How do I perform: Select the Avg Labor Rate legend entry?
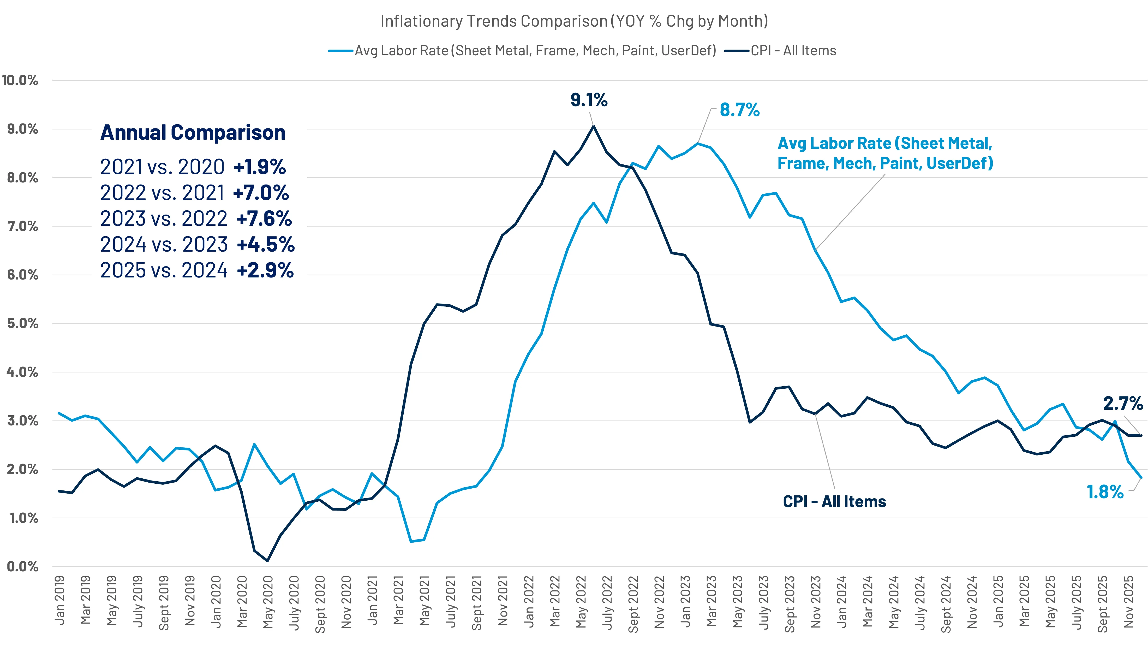pyautogui.click(x=535, y=51)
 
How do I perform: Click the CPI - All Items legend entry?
pyautogui.click(x=793, y=51)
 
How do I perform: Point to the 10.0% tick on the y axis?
pyautogui.click(x=20, y=81)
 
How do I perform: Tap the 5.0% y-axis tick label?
pyautogui.click(x=22, y=324)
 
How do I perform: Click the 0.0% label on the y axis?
pyautogui.click(x=22, y=567)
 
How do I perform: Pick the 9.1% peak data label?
pyautogui.click(x=589, y=100)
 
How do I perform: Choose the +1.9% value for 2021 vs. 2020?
pyautogui.click(x=260, y=167)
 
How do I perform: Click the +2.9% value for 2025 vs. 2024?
pyautogui.click(x=265, y=270)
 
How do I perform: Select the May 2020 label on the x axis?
pyautogui.click(x=268, y=602)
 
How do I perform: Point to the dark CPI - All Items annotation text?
pyautogui.click(x=834, y=502)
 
